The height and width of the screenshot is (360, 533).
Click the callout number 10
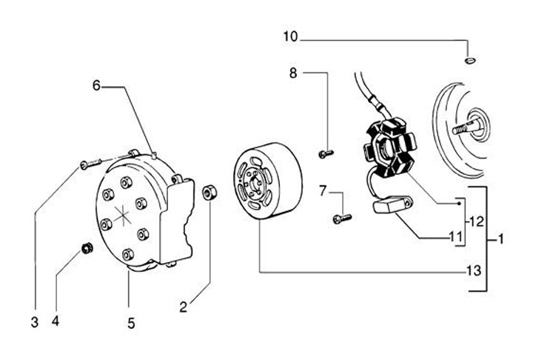(292, 36)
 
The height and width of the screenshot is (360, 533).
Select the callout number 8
(293, 73)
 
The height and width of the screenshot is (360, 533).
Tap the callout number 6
(97, 85)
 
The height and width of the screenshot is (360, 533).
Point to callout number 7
(323, 192)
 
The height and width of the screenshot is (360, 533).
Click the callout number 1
(501, 239)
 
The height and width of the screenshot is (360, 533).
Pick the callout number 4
(55, 321)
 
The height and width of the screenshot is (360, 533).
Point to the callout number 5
(130, 322)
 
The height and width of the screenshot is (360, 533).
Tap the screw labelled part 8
(325, 153)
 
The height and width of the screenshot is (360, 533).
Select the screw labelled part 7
(343, 218)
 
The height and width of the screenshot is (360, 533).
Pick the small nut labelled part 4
(87, 247)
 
